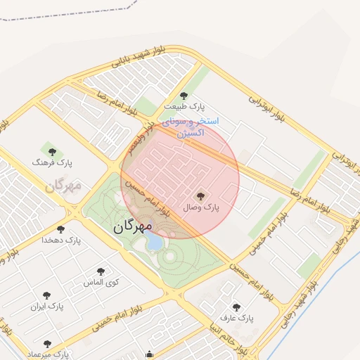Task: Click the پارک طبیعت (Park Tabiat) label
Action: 184,105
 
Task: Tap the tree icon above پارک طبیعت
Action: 184,96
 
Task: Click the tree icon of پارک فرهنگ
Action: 50,150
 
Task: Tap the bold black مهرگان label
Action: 131,226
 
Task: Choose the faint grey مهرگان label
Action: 63,186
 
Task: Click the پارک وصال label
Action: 202,207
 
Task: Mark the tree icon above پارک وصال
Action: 201,196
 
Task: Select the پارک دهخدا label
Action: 61,240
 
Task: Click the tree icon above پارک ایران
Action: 46,296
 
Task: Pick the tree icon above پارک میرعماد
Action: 47,345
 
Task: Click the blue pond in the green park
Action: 153,243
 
